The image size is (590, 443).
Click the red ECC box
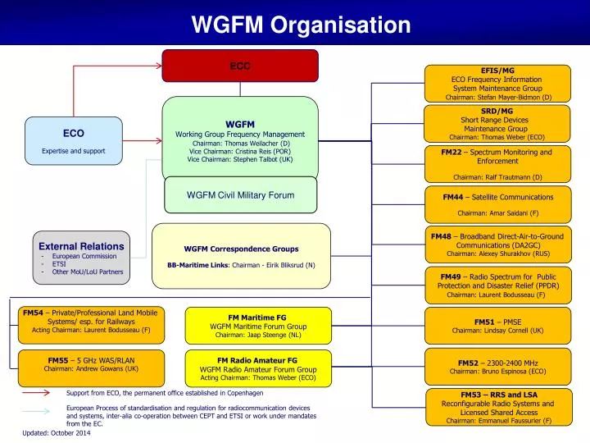tap(240, 66)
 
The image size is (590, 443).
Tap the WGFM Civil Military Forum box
tap(240, 194)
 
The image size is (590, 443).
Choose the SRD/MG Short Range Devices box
tap(497, 124)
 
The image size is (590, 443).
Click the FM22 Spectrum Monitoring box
tap(497, 164)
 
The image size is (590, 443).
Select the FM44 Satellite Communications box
tap(497, 203)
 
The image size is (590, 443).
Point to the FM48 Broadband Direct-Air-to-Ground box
tap(497, 244)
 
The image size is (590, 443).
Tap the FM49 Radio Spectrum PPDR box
tap(497, 285)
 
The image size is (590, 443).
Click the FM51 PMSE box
tap(497, 326)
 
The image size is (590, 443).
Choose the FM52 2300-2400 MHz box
tap(497, 366)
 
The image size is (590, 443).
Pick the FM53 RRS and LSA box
tap(497, 407)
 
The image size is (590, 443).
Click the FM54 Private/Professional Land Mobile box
tap(91, 322)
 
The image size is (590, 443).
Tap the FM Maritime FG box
tap(258, 326)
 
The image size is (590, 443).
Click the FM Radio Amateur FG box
tap(258, 368)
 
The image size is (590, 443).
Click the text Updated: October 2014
tap(57, 432)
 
